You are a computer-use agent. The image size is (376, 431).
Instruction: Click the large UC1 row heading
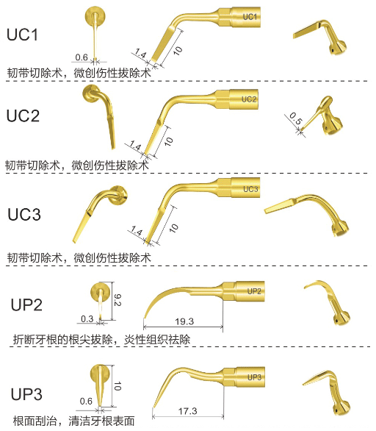22,35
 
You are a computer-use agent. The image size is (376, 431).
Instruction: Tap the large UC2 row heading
23,115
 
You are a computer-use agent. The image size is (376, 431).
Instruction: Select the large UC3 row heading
24,215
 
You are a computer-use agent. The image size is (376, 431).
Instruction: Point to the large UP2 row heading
26,304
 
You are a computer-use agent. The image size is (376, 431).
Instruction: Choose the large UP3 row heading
26,394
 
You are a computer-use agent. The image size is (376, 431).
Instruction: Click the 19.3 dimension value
184,321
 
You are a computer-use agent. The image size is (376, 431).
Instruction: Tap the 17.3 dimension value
188,411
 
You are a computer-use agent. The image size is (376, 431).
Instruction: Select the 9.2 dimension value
117,300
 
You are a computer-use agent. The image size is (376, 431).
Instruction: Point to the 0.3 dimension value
87,319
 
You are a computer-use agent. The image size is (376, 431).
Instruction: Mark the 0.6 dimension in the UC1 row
82,57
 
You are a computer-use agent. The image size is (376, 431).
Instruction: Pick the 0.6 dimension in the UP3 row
86,402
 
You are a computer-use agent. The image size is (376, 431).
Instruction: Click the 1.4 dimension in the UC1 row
140,54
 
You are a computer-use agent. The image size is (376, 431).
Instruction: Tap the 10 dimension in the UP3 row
117,386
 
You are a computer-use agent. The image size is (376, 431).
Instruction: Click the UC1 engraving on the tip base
250,17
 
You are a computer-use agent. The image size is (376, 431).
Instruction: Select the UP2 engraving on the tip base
254,291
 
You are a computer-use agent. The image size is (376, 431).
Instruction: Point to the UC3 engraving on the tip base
250,189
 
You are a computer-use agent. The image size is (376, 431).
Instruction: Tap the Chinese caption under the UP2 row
101,340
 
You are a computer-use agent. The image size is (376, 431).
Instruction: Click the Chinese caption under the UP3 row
74,421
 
